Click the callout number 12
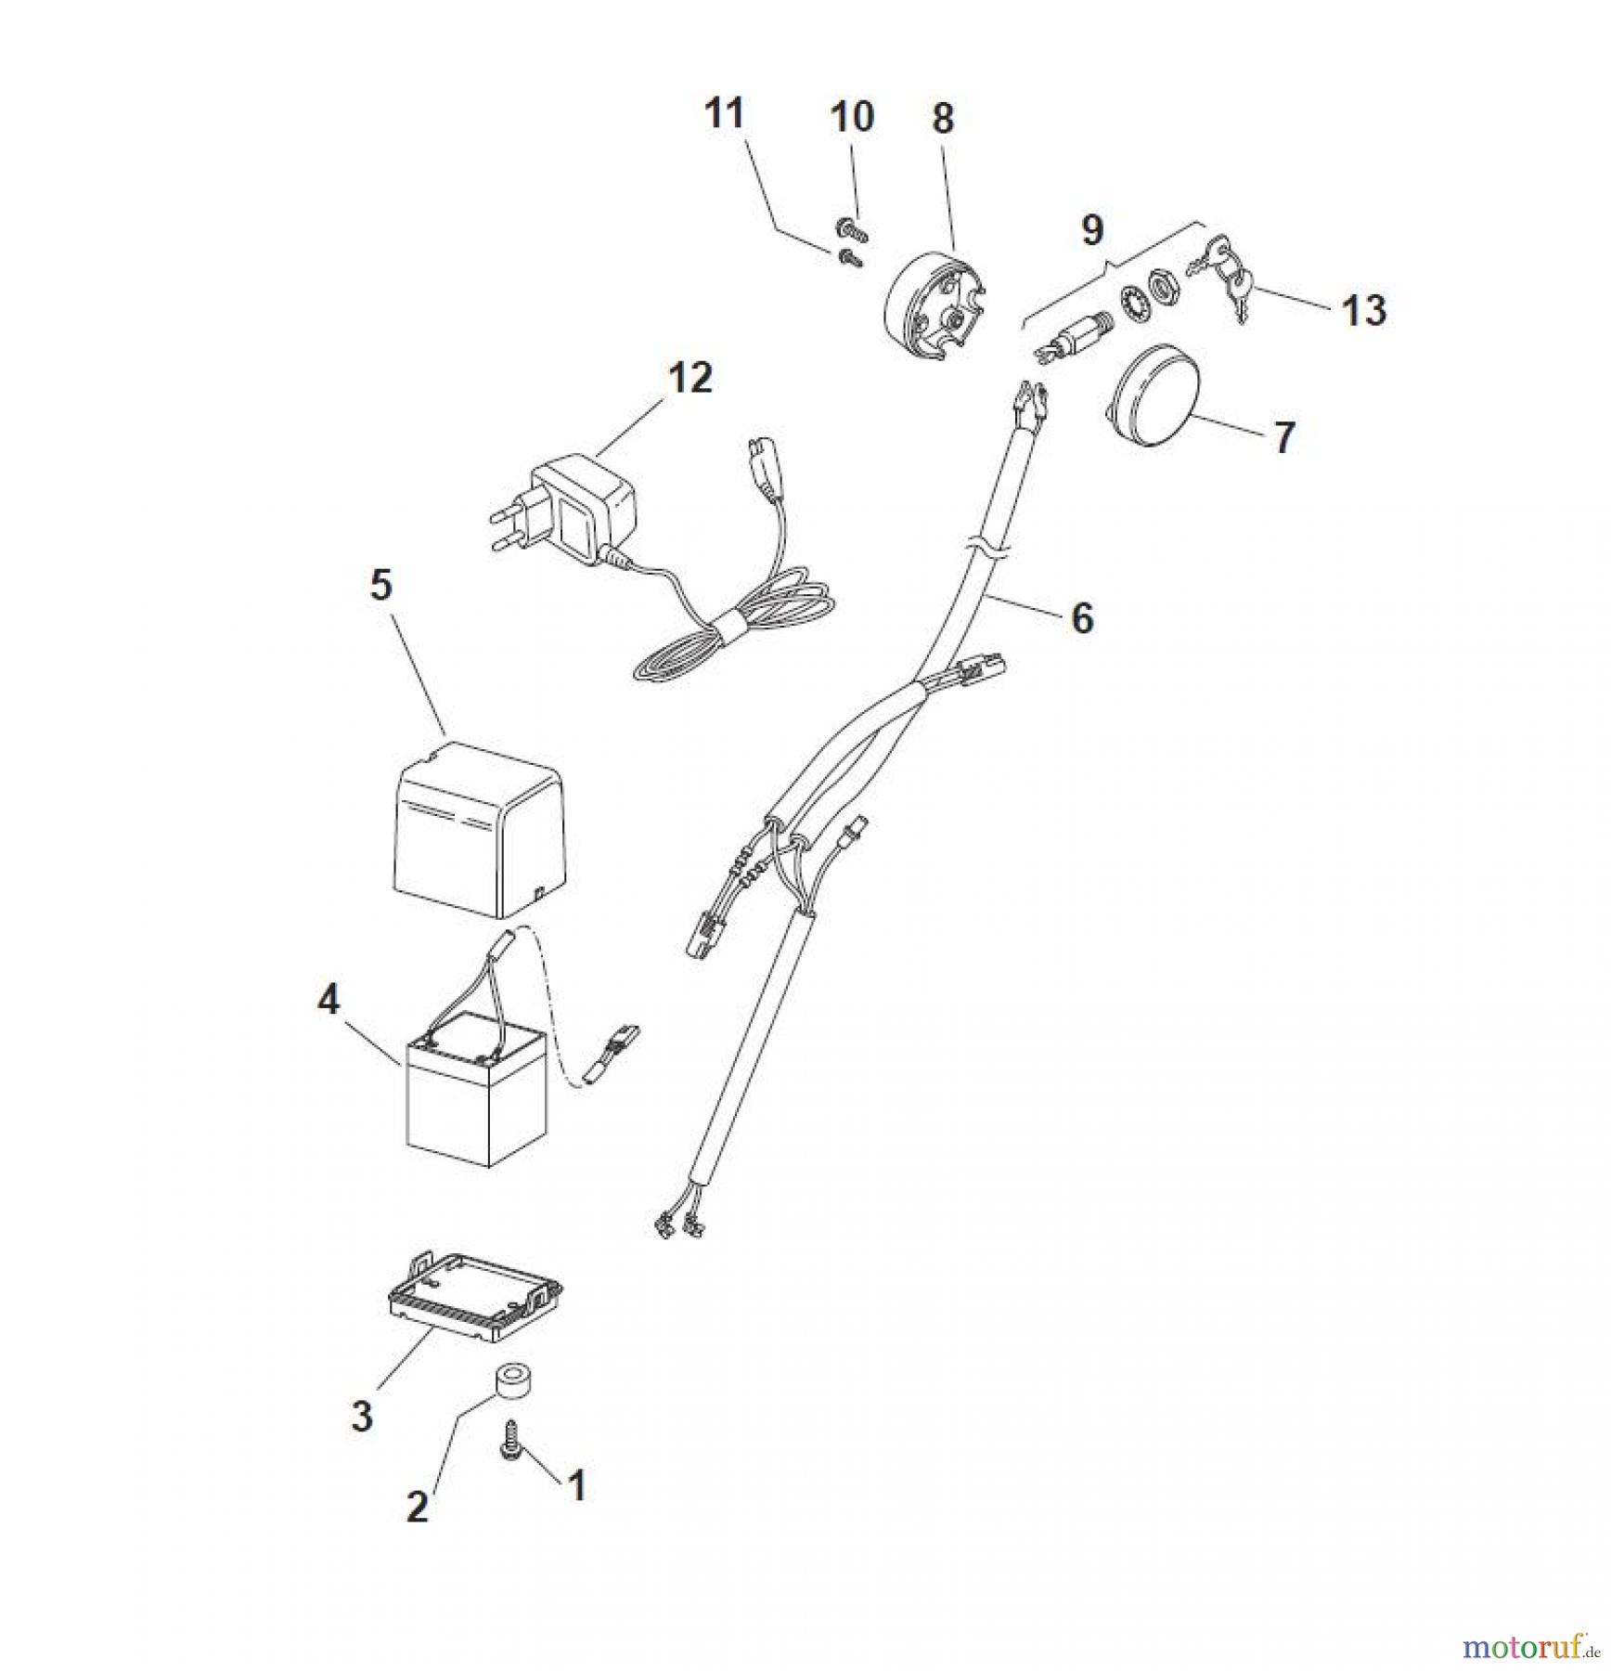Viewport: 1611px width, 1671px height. point(690,378)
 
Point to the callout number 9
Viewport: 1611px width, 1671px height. point(1092,229)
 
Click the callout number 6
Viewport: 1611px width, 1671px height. point(1082,618)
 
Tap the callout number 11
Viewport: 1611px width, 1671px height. point(724,113)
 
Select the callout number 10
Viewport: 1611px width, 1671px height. point(851,117)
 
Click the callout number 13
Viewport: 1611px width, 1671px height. point(1363,310)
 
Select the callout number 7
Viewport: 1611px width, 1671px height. point(1283,437)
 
